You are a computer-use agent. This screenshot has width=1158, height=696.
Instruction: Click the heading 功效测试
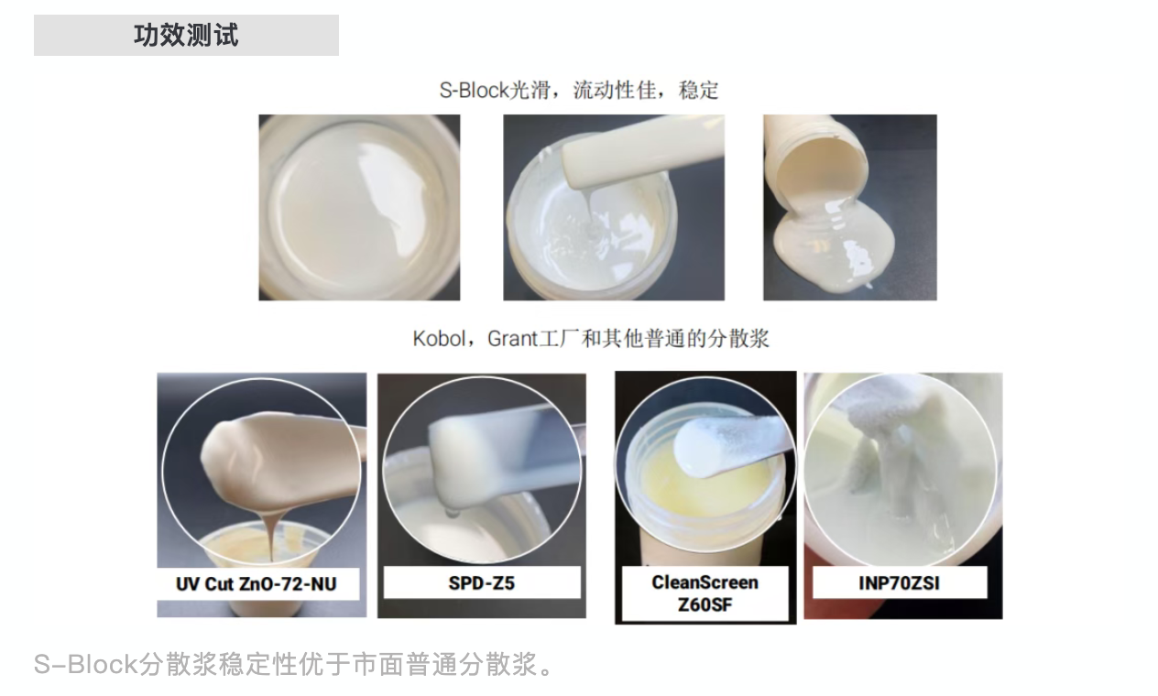click(x=186, y=36)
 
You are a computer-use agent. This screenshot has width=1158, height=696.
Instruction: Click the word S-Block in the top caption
click(x=474, y=91)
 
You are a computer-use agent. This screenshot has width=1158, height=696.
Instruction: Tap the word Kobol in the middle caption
click(x=439, y=339)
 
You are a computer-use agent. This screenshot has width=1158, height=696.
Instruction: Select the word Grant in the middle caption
click(x=511, y=339)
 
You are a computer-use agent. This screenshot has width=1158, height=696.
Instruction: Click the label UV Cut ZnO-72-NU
click(x=256, y=582)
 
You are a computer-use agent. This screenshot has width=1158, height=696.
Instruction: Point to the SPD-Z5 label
click(x=481, y=582)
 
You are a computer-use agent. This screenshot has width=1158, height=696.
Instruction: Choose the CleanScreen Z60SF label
click(x=705, y=593)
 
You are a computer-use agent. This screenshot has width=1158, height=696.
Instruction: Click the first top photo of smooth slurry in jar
click(x=359, y=207)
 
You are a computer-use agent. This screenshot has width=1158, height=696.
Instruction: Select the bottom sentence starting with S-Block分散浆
click(x=293, y=664)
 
